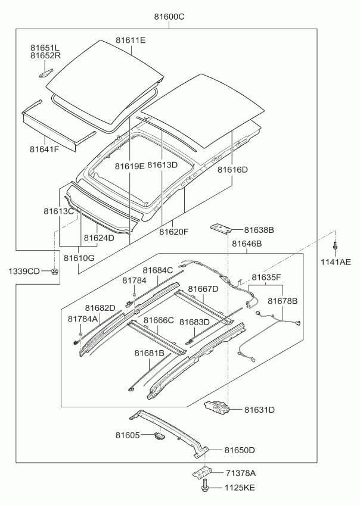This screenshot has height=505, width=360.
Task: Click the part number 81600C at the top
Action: (169, 17)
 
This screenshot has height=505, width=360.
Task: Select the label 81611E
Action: (131, 40)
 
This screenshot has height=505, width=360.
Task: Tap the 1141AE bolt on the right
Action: (335, 246)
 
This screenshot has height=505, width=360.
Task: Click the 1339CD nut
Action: (55, 271)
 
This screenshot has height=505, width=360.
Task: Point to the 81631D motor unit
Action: (217, 407)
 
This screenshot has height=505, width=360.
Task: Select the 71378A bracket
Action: (201, 472)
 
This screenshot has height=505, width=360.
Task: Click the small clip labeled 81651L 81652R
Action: (46, 73)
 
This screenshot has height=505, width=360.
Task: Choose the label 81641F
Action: (45, 149)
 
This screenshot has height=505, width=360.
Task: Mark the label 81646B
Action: (247, 244)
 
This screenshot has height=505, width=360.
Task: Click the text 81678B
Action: (283, 301)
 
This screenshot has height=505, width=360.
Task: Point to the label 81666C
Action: (159, 320)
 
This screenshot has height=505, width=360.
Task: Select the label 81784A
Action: (82, 319)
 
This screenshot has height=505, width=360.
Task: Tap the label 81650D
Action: (240, 450)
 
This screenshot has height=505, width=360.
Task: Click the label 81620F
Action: (173, 232)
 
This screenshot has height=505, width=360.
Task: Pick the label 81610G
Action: (79, 258)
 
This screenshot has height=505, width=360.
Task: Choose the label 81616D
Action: (232, 170)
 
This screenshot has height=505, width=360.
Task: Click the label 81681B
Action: (150, 353)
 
